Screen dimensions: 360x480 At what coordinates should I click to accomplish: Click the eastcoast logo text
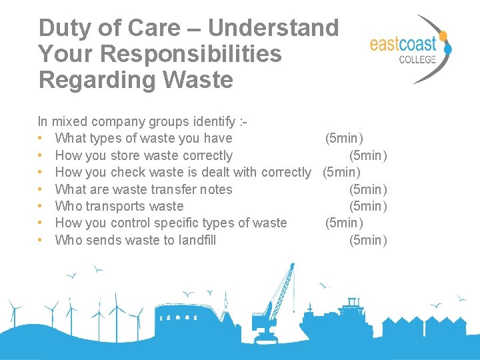402,45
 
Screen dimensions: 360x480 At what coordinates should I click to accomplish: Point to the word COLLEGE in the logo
417,59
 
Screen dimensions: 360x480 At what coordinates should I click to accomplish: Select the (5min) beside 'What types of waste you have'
344,139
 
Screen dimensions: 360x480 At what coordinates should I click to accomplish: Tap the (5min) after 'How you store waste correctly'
368,155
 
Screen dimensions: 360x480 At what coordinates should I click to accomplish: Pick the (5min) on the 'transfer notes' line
368,189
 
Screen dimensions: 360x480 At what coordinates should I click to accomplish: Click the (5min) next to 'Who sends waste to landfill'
368,240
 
